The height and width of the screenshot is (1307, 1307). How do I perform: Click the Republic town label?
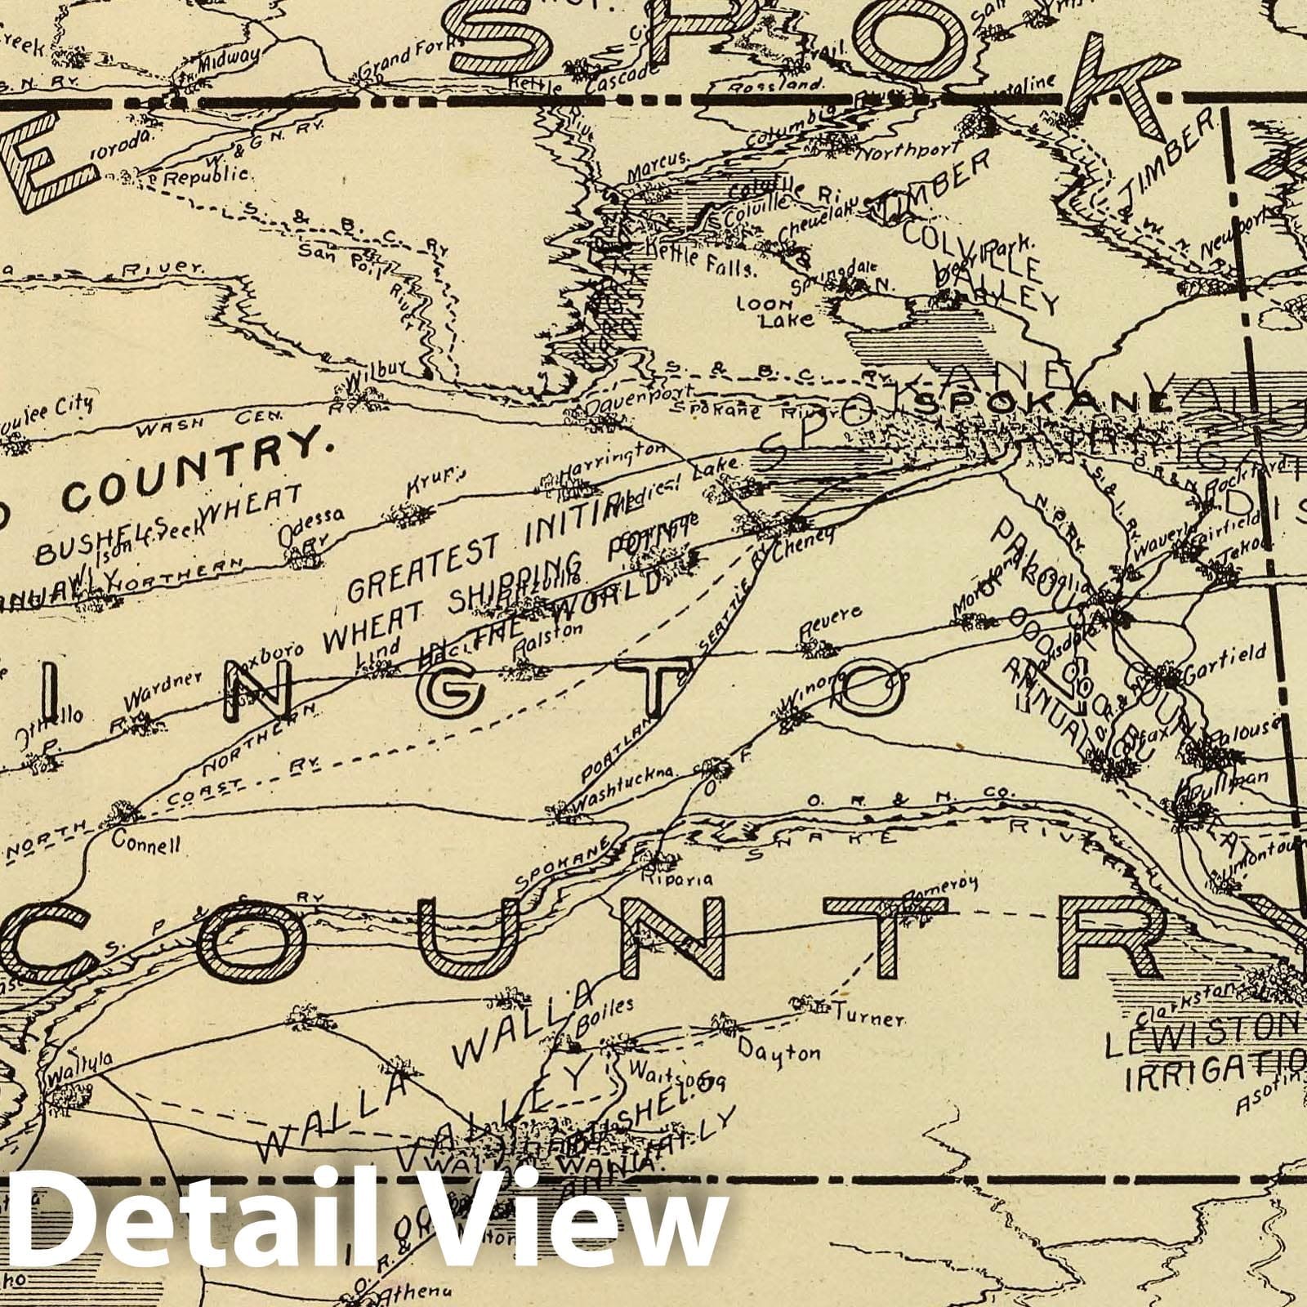[206, 175]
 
